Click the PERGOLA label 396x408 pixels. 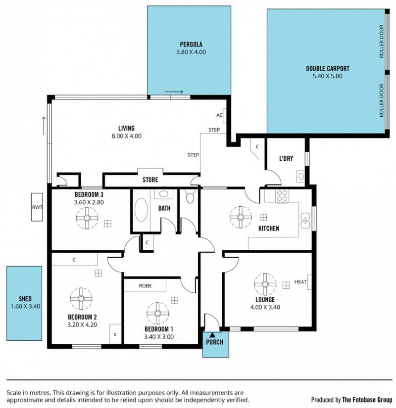point(191,45)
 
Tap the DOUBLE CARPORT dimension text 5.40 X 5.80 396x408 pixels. point(328,76)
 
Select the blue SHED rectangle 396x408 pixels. point(24,303)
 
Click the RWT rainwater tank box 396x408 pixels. point(37,207)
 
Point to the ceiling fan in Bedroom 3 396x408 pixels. point(87,218)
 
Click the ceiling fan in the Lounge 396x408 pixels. point(265,284)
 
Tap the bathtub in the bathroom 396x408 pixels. point(142,210)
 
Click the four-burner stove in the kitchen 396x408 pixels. point(283,196)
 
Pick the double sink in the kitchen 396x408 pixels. point(305,221)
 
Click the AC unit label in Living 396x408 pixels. point(219,115)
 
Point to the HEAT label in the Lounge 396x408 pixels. point(300,282)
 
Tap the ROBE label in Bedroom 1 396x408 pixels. point(146,286)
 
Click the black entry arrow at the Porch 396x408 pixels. point(212,335)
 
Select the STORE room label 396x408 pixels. point(150,180)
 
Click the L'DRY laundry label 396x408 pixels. point(286,158)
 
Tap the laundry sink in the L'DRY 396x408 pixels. point(301,177)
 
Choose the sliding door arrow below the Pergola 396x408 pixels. point(174,91)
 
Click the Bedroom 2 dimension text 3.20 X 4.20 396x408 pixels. point(82,325)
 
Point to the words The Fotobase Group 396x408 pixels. point(367,400)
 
